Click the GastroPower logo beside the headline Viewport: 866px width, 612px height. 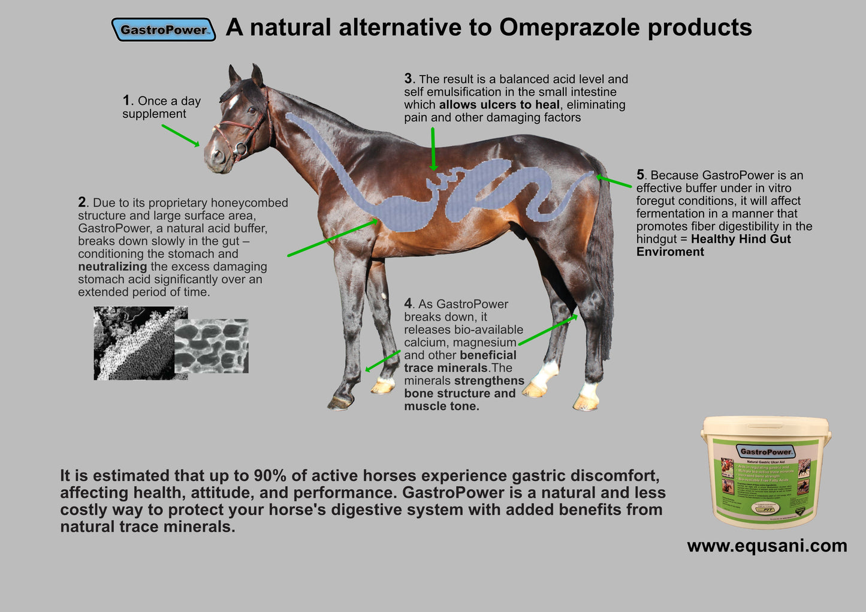click(163, 29)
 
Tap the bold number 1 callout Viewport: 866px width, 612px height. click(126, 100)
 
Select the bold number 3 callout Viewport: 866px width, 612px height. click(408, 78)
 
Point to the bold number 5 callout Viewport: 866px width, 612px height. click(640, 175)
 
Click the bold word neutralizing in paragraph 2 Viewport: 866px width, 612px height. click(112, 266)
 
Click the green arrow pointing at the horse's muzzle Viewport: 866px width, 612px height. click(180, 135)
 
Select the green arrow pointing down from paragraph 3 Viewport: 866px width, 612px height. click(433, 149)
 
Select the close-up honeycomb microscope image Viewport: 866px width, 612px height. click(211, 346)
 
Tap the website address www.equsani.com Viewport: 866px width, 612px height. click(767, 546)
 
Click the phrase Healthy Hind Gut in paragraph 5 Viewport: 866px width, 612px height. click(741, 239)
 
